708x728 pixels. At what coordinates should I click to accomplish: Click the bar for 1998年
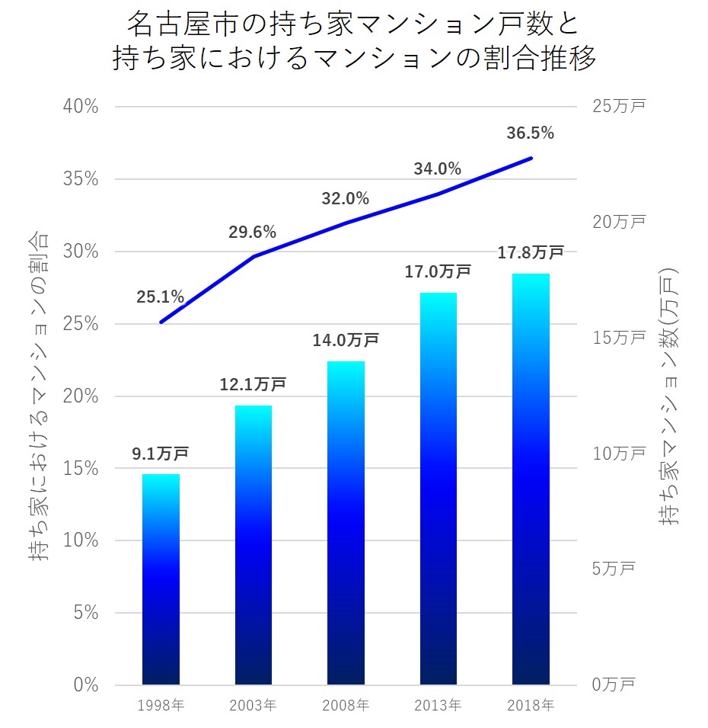click(x=161, y=579)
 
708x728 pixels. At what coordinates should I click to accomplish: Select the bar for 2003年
click(x=254, y=545)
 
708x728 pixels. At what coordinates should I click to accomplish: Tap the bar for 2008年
click(x=346, y=523)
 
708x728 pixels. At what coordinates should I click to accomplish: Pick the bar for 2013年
click(x=438, y=489)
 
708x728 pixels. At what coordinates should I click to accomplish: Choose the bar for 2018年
click(x=531, y=479)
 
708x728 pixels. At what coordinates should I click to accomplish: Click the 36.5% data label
click(x=530, y=133)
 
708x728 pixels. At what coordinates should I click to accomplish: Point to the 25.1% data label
click(x=160, y=297)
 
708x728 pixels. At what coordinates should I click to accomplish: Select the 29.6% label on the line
click(x=252, y=233)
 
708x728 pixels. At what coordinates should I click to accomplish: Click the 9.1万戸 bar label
click(x=160, y=454)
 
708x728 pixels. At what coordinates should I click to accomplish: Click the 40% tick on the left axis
click(x=80, y=107)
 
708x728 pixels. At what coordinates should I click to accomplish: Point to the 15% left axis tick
click(x=80, y=468)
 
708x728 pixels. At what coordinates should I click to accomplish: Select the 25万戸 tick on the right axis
click(x=618, y=107)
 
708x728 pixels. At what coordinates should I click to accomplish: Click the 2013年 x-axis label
click(x=438, y=706)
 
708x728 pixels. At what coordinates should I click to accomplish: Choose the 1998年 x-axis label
click(x=161, y=706)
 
